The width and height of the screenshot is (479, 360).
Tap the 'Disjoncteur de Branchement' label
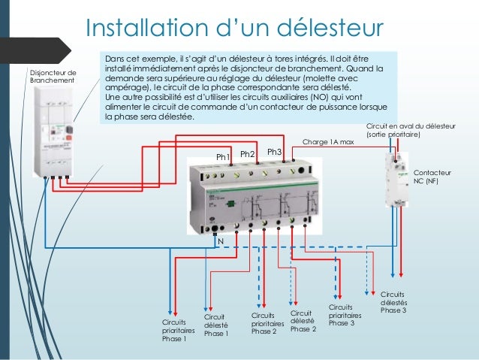(x=52, y=76)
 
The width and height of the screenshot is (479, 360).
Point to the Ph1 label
(x=223, y=156)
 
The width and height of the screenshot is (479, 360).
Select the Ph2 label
(x=248, y=154)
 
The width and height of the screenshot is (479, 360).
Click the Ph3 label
(x=274, y=152)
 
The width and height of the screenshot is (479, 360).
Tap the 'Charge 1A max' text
(x=327, y=141)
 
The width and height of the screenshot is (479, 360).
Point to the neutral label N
(x=221, y=241)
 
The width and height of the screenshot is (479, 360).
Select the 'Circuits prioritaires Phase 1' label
(x=178, y=330)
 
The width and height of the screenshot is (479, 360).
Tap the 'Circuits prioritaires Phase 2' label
(x=264, y=323)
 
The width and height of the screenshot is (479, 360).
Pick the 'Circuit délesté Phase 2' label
(x=303, y=321)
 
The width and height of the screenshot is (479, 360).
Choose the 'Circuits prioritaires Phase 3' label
(x=345, y=315)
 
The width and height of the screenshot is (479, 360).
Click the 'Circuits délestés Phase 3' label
(x=393, y=301)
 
